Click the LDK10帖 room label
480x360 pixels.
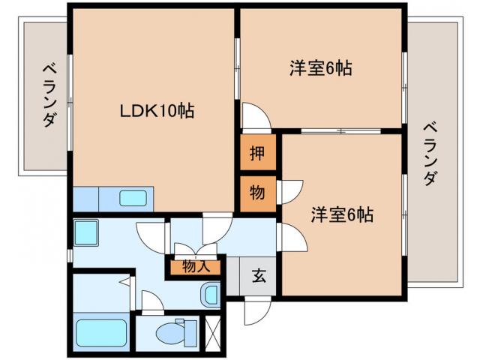coord(157,112)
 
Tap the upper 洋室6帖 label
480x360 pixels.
coord(321,68)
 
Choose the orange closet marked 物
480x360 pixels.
coord(257,192)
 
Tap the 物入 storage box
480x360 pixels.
coord(195,265)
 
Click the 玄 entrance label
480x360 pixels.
coord(258,276)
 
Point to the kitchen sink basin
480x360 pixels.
coord(134,199)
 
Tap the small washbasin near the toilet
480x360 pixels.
coord(211,293)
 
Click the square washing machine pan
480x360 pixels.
coord(87,232)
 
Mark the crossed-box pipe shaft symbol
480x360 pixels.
coord(213,331)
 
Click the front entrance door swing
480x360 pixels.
coord(256,310)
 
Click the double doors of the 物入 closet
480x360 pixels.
coord(195,248)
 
